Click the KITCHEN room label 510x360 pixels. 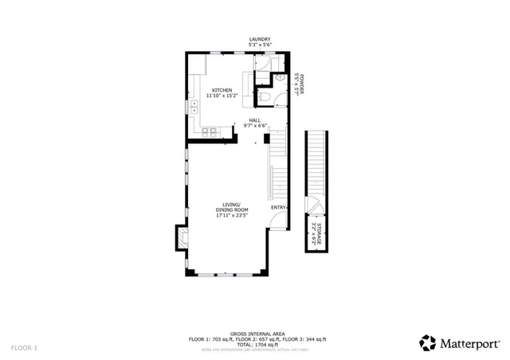[x=222, y=90]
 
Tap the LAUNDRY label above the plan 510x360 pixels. [x=260, y=39]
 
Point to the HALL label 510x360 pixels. [x=254, y=120]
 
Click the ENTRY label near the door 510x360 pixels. [x=278, y=208]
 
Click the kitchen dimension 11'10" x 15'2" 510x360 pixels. [x=222, y=96]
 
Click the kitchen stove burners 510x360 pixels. [x=210, y=131]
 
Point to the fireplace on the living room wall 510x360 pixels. [x=181, y=237]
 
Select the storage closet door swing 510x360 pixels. [x=313, y=205]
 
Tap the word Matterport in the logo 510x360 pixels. [x=470, y=343]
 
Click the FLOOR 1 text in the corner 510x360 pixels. [x=24, y=348]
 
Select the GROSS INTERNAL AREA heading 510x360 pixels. [x=257, y=334]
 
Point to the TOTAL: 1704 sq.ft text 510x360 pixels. [x=257, y=344]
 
